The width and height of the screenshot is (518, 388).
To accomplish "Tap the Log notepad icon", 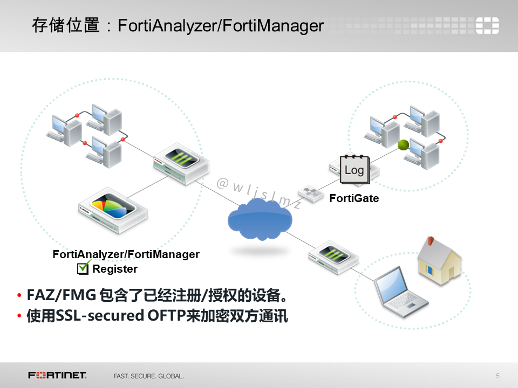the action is point(354,169).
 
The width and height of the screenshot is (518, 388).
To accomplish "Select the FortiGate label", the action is point(354,198).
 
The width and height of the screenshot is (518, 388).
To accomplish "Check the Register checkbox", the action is point(83,268).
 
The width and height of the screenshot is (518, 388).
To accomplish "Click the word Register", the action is point(115,269).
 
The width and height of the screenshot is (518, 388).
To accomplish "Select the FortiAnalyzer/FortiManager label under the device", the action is point(126,254).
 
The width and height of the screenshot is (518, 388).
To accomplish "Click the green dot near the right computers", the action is point(403,144).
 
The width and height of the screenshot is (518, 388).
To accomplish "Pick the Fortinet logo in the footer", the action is point(57,375).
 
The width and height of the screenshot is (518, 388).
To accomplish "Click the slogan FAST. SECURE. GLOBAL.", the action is point(148,376).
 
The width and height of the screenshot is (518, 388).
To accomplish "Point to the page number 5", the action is point(497,376).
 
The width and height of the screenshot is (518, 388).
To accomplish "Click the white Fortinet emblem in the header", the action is point(487,25).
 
